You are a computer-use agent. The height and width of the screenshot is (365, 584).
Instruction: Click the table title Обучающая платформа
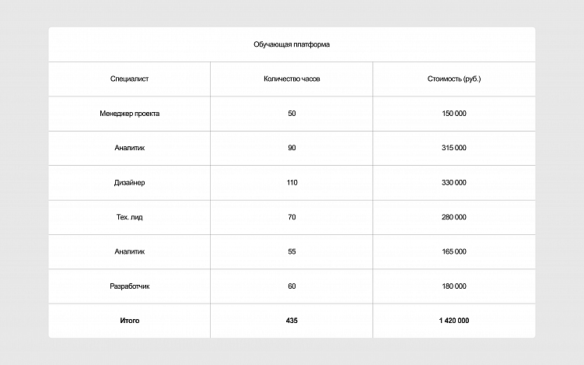point(292,44)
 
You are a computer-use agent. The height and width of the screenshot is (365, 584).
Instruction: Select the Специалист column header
point(130,79)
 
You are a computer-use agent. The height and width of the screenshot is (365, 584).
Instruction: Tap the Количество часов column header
point(292,79)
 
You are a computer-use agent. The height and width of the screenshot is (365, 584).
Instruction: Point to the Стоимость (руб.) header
point(454,79)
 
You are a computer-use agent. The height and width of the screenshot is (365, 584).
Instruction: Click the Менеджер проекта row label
point(130,114)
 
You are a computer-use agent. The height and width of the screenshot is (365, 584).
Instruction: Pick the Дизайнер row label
point(130,183)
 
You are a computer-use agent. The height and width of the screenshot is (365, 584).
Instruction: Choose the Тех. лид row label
point(130,217)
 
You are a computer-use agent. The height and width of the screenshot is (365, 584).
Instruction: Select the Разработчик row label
point(130,286)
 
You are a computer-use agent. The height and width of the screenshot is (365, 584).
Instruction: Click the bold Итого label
point(130,321)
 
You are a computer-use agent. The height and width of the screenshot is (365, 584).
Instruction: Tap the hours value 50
point(292,114)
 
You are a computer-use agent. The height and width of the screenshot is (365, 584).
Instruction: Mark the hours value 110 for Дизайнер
point(292,183)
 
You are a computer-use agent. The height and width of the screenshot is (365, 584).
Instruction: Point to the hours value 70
point(292,217)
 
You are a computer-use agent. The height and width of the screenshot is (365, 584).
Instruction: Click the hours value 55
point(292,251)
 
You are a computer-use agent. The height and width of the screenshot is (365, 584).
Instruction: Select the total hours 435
point(292,321)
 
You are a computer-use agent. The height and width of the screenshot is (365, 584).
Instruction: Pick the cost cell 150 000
point(454,114)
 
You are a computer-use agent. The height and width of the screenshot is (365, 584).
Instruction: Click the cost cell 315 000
point(454,148)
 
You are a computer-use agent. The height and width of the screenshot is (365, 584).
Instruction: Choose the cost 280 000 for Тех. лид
point(454,217)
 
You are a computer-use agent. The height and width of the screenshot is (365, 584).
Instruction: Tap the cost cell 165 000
point(454,251)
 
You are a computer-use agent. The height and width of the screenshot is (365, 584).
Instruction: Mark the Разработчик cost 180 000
point(454,286)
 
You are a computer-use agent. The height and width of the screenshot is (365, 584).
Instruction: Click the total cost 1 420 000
point(454,321)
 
